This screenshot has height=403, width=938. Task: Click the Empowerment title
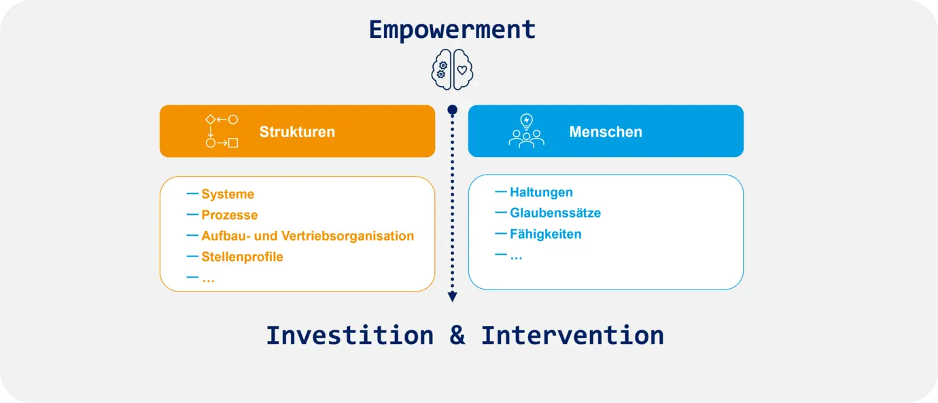coord(452,30)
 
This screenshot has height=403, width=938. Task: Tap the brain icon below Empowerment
coord(452,69)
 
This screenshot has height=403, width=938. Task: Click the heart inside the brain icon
coord(462,70)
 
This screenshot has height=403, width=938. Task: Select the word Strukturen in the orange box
coord(297,132)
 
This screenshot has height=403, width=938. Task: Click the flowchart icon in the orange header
coord(222,131)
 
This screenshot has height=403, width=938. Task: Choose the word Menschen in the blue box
coord(606,132)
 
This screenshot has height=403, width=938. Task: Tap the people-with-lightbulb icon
coord(526,130)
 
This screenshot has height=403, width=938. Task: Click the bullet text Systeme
coord(228,194)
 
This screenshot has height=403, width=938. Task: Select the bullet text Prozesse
coord(230,215)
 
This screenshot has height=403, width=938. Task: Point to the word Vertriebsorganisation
coord(347,236)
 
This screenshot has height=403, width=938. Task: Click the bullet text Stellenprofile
coord(242,256)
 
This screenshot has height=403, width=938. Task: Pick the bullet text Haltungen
coord(542,192)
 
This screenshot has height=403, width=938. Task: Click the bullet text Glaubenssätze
coord(555,213)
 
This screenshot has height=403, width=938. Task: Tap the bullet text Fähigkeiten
coord(546,234)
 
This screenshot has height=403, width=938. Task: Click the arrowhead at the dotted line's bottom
coord(452,297)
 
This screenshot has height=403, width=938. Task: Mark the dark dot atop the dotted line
coord(452,110)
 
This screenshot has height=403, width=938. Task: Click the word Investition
coord(350,336)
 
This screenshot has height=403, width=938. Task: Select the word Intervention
coord(572,336)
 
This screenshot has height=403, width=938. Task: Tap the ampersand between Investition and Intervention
coord(457,336)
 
